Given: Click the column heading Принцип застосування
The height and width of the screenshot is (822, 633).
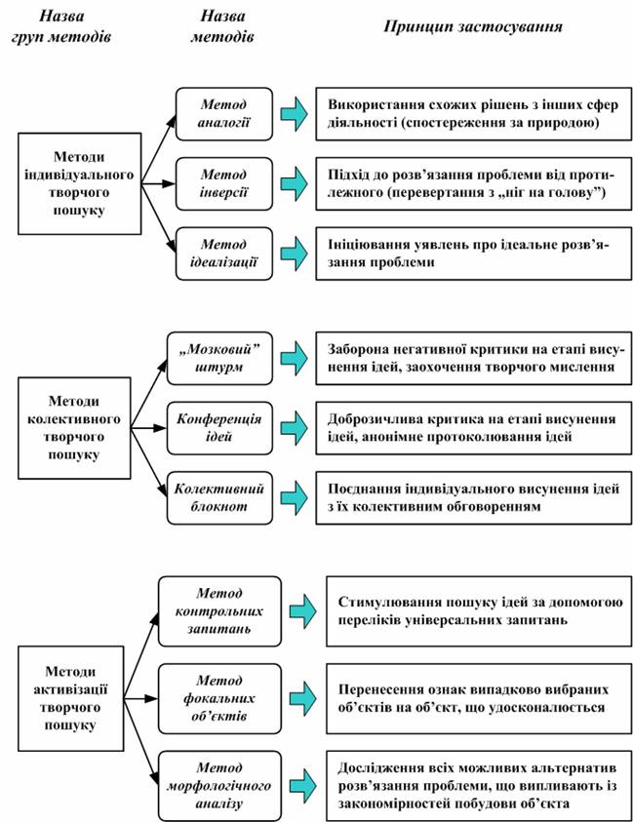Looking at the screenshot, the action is pos(473,26).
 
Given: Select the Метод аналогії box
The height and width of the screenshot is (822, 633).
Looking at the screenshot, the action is pos(224,114).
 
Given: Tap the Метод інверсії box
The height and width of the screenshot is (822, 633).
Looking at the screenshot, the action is pos(224,183).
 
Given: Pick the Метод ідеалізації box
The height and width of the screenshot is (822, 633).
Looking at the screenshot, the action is pos(224,254).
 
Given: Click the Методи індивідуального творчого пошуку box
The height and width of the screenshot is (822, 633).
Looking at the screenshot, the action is pos(80,183).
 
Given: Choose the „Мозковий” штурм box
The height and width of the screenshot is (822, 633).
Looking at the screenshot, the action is pos(219,358).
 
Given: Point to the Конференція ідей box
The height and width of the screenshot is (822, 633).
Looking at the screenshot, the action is pos(219,428).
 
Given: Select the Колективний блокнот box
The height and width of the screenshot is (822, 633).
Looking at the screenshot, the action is pos(219,497).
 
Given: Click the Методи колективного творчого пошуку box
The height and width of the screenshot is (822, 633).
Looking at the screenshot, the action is pos(74,428).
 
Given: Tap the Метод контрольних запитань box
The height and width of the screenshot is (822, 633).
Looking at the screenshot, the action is pos(219,611).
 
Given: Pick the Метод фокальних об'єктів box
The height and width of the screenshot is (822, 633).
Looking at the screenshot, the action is pos(219,698).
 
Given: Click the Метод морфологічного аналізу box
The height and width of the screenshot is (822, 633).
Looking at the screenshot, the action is pos(219,786).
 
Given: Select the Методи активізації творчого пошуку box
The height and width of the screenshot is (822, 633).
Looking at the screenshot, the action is pos(71,698).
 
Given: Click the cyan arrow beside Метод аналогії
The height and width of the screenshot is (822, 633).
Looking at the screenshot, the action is pos(294,114).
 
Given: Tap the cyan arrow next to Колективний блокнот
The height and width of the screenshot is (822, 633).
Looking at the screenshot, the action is pos(294,497).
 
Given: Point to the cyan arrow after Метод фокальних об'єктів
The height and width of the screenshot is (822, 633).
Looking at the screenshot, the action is pos(302,698).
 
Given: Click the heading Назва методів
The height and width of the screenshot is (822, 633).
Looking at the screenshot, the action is pos(222,26).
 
